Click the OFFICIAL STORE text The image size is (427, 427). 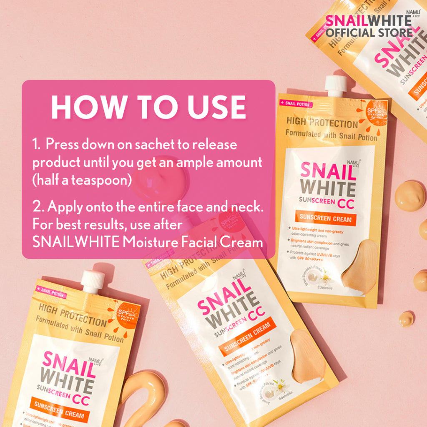click(x=369, y=33)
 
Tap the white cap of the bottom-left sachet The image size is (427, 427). click(x=92, y=281)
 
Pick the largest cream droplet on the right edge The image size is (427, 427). click(x=410, y=195)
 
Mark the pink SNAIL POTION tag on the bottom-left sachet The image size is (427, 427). click(x=51, y=292)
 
